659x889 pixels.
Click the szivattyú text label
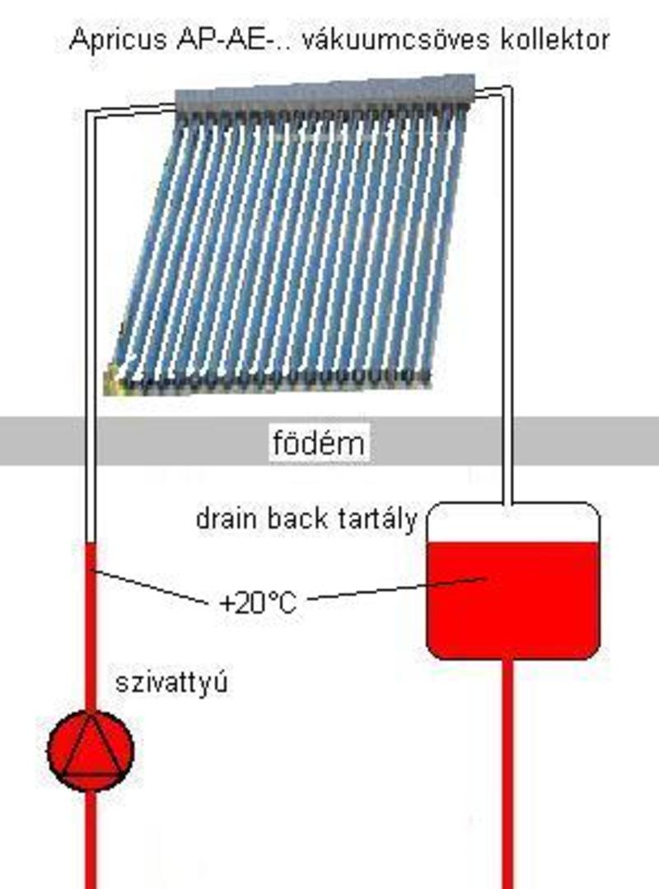point(171,682)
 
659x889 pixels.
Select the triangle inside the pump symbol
point(91,745)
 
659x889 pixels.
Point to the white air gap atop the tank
point(512,523)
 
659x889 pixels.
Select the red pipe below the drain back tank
point(507,774)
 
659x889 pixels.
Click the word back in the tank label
point(289,519)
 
